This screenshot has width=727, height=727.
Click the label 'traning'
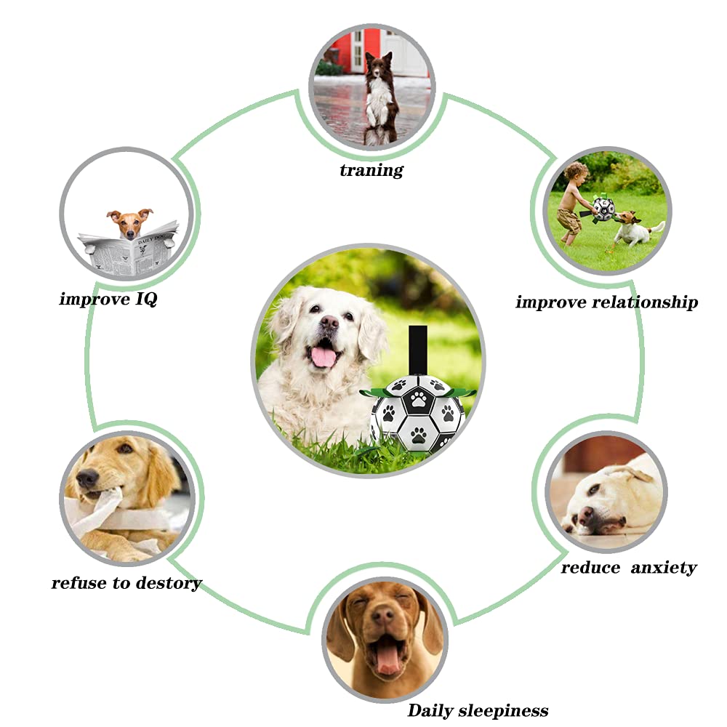pyautogui.click(x=371, y=170)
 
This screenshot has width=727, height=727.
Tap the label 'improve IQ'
pyautogui.click(x=108, y=298)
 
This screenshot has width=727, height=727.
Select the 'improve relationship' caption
pyautogui.click(x=606, y=302)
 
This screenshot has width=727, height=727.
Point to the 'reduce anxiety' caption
pyautogui.click(x=628, y=567)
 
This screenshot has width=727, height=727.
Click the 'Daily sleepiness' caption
pyautogui.click(x=478, y=710)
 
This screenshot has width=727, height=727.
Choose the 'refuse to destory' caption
pyautogui.click(x=126, y=582)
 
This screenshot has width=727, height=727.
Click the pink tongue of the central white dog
pyautogui.click(x=324, y=356)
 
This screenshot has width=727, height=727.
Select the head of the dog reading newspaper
pyautogui.click(x=129, y=222)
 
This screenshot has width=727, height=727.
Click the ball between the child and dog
pyautogui.click(x=603, y=209)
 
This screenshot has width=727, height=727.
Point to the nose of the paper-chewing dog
pyautogui.click(x=88, y=478)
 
